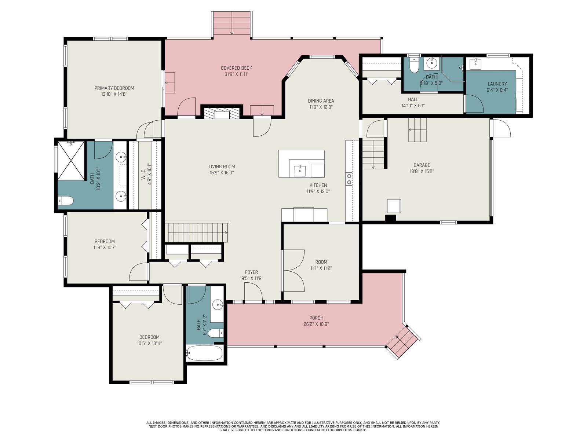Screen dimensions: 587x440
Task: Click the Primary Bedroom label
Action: tap(114, 88)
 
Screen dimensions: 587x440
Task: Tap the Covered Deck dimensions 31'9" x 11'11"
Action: tap(236, 74)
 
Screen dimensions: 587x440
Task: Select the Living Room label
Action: tap(222, 167)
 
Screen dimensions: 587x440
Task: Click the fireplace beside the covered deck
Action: tap(222, 113)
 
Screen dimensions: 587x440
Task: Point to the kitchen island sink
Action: tap(299, 171)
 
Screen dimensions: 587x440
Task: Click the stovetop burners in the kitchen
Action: tap(349, 179)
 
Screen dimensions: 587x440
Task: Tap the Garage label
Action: tap(422, 165)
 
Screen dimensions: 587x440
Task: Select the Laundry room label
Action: tap(497, 84)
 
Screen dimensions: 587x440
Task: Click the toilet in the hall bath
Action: tap(414, 65)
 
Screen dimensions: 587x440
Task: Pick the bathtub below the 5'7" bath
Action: tap(205, 353)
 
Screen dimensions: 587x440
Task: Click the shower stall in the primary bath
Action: tap(71, 161)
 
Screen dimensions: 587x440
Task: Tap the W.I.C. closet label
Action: tap(143, 174)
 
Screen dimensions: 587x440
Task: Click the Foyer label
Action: tap(251, 272)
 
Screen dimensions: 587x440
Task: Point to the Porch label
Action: tap(316, 318)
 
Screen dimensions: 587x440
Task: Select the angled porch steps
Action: tap(402, 342)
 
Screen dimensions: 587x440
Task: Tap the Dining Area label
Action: tap(321, 101)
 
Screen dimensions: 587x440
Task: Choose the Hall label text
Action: tap(413, 99)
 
